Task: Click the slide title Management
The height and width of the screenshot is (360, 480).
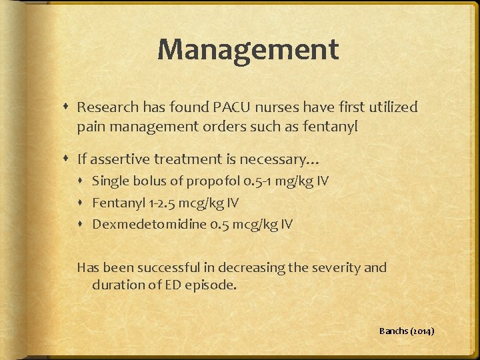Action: tap(248, 49)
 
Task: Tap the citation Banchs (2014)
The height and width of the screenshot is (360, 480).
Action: tap(407, 331)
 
